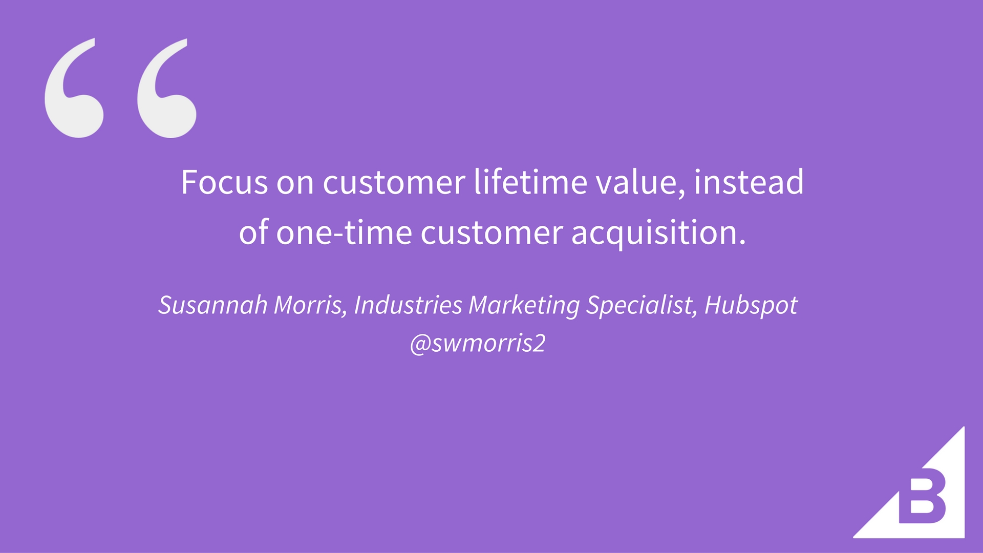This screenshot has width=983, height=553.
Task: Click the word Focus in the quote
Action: [x=224, y=182]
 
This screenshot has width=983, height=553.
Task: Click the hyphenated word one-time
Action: [x=344, y=232]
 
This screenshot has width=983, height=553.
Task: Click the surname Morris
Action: [x=311, y=305]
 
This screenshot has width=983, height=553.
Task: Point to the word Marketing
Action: [x=524, y=306]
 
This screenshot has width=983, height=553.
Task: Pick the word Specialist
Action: [x=642, y=306]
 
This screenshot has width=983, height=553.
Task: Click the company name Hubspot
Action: [x=751, y=306]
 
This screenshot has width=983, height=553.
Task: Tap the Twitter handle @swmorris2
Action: [x=478, y=343]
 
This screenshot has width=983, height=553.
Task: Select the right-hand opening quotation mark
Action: [x=166, y=88]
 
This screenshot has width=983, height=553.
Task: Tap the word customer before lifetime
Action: [x=394, y=182]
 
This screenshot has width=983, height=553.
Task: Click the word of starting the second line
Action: [x=253, y=232]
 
